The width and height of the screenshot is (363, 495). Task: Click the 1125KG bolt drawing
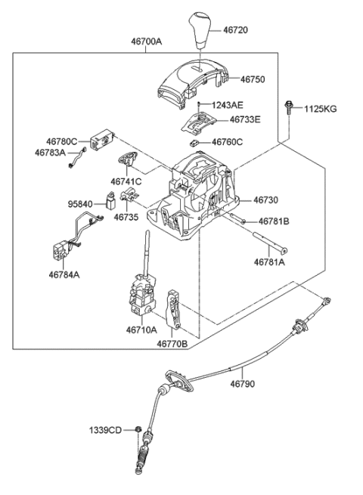tap(289, 110)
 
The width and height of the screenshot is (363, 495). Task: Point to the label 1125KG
tap(321, 109)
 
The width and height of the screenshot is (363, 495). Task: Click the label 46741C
tap(126, 182)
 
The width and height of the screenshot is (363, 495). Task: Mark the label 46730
tap(266, 200)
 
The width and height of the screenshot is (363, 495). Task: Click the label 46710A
tap(141, 330)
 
